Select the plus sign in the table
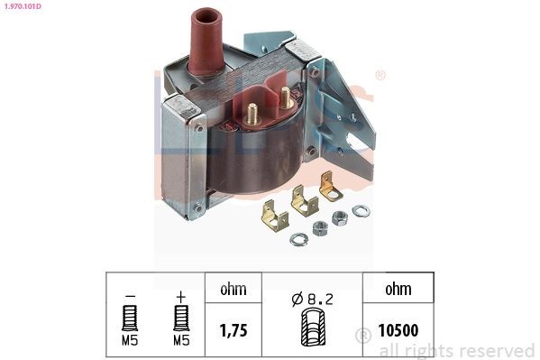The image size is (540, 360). [x=180, y=294]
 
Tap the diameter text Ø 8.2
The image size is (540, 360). [x=311, y=295]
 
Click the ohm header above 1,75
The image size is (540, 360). [x=233, y=291]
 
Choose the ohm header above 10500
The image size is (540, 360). [x=397, y=291]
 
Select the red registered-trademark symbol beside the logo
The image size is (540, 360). [x=380, y=76]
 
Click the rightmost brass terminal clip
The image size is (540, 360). [x=329, y=186]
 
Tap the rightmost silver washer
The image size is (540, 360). [x=362, y=211]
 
